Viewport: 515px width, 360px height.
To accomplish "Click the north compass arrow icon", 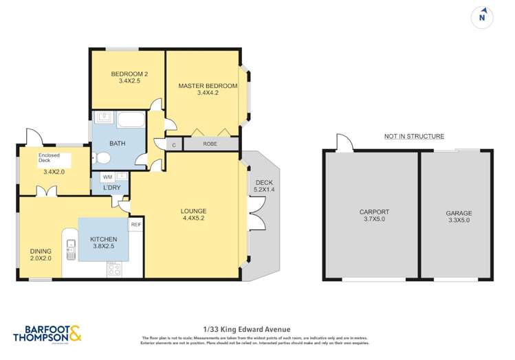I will pos(484,14).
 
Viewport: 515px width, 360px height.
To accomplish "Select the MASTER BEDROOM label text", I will pos(207,86).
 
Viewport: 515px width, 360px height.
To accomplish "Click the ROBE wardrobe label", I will pos(210,144).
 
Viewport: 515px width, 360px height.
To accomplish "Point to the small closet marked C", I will pos(174,144).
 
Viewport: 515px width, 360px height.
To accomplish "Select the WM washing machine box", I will pos(107,177).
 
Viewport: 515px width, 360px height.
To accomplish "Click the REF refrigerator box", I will pos(135,225).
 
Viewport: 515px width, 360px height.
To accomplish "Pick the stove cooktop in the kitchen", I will pos(114,269).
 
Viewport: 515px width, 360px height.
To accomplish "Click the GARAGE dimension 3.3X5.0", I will pos(457,222).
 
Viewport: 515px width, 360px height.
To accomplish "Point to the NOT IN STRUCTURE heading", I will pos(413,136).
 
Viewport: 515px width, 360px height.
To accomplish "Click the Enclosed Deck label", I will pos(49,159).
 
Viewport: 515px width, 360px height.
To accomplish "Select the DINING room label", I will pos(41,251).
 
